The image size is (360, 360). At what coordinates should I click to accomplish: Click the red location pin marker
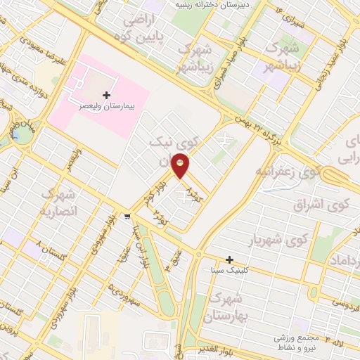point(181,167)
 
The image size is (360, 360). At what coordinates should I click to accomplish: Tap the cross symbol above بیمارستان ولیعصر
point(106,95)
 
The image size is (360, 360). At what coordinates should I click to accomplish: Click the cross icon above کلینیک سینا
point(229,259)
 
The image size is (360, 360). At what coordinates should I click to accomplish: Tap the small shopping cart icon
point(127,216)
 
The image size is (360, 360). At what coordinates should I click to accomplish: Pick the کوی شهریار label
point(279,240)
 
